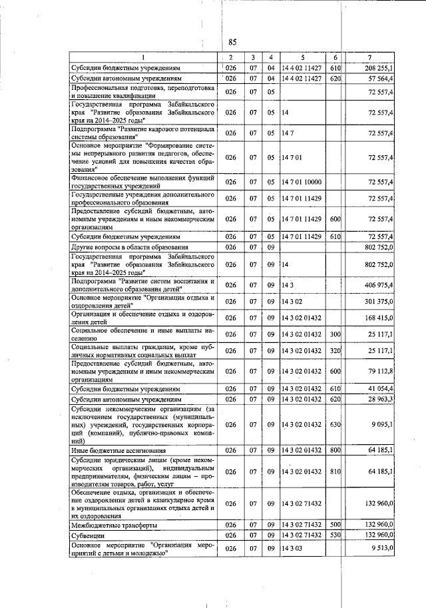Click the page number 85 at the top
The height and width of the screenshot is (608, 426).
[x=233, y=40]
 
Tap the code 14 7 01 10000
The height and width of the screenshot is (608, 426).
[x=303, y=182]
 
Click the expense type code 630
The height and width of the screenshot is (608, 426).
[x=335, y=425]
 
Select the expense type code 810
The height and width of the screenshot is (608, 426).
[x=335, y=471]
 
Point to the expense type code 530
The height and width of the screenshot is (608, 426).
[x=335, y=535]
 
